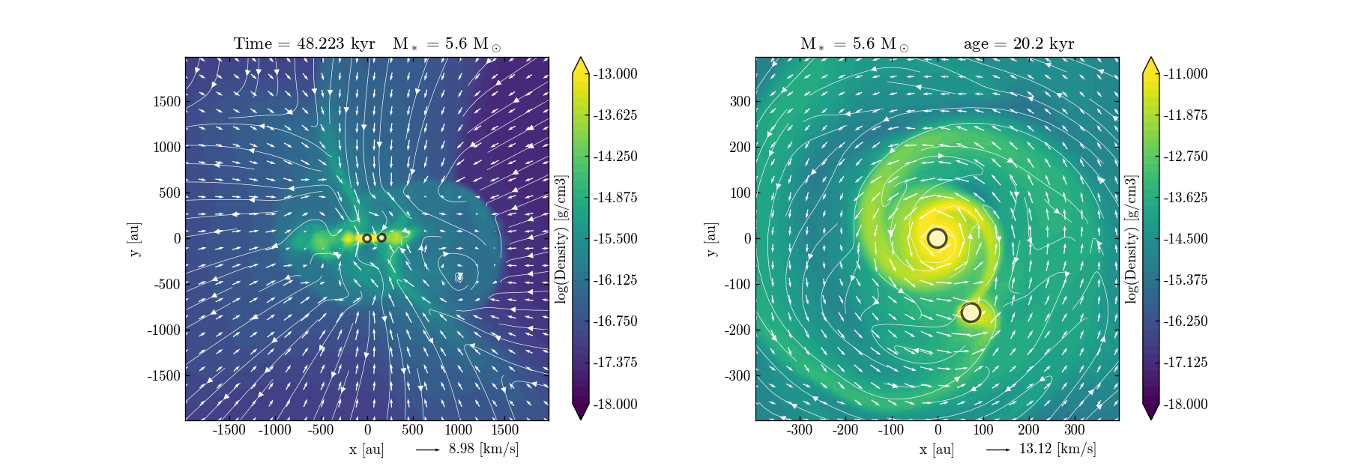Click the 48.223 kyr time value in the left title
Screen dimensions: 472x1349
coord(335,43)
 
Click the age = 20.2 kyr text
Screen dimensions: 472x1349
coord(1018,43)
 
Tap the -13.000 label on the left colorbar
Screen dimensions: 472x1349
coord(615,73)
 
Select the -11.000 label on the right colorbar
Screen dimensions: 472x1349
coord(1186,73)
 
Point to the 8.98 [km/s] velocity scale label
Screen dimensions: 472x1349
coord(483,449)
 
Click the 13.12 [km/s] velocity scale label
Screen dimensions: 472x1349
coord(1057,449)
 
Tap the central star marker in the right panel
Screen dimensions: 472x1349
coord(937,238)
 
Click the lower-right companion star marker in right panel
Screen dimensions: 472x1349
coord(971,312)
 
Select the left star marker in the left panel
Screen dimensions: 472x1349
coord(366,238)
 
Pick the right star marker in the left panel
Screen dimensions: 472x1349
coord(381,237)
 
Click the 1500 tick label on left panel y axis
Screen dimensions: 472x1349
coord(166,102)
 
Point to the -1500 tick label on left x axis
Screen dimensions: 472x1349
coord(229,430)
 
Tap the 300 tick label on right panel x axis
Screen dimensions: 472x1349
coord(1074,430)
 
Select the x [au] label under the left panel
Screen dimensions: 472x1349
coord(366,450)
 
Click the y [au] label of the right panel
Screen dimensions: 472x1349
coord(710,239)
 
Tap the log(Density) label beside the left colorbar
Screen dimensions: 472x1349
coord(561,239)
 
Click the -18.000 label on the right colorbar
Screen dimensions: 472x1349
coord(1186,404)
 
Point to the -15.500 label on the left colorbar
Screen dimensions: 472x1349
coord(615,238)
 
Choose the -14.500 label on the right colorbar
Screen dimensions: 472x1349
coord(1186,238)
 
